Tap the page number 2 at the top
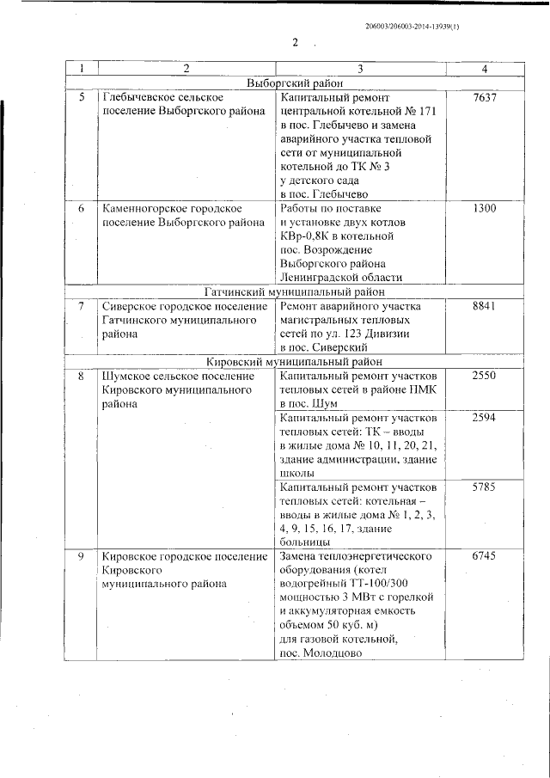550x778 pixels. (295, 43)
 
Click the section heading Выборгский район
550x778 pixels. (295, 83)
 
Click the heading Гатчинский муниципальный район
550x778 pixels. (295, 291)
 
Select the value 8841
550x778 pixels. (485, 307)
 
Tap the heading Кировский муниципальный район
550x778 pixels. (295, 362)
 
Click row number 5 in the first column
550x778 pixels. (82, 99)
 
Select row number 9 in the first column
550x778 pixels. (82, 556)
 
